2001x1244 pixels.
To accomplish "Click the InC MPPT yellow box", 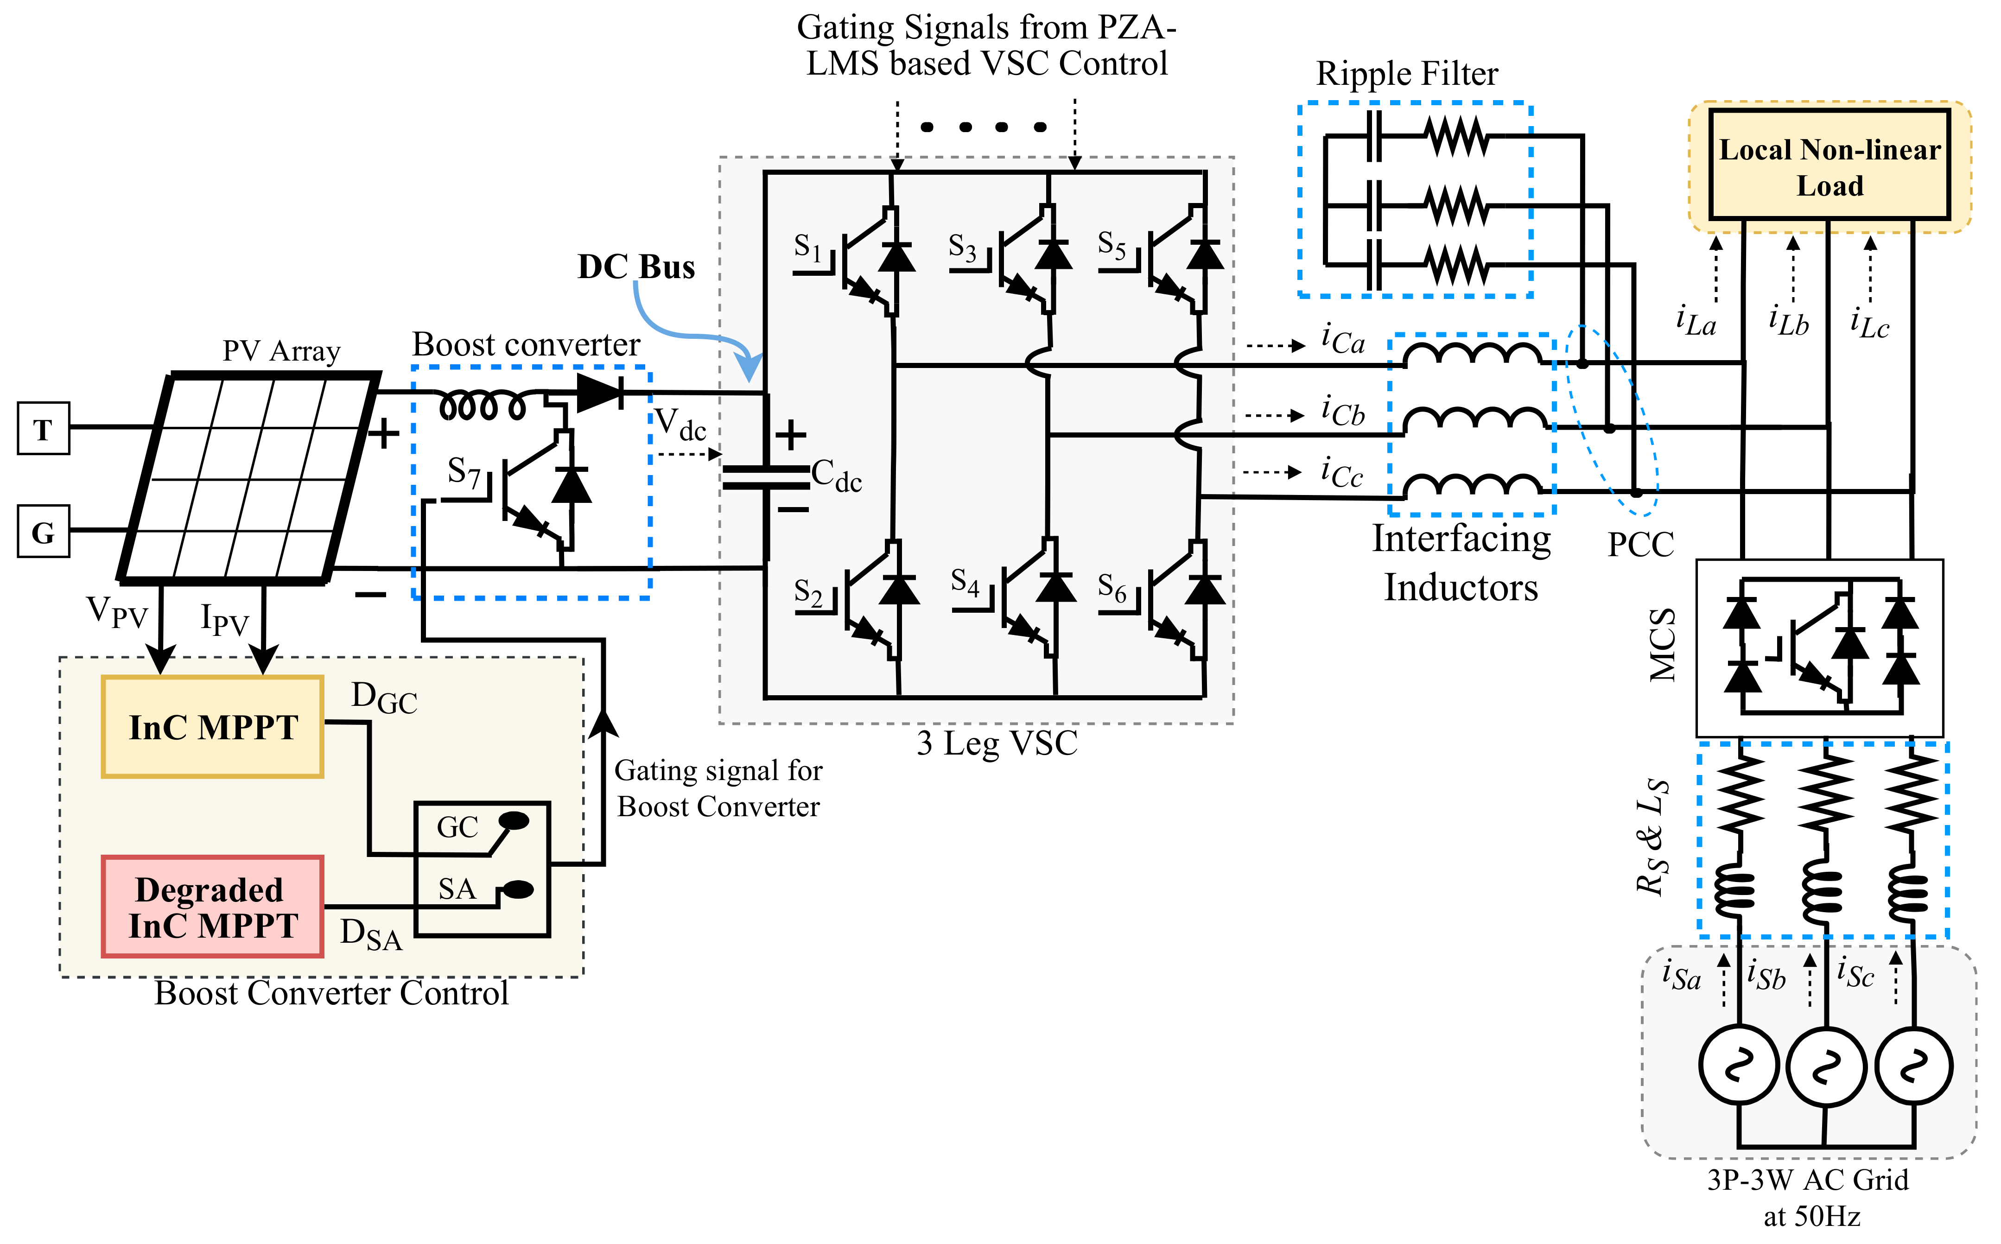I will [x=212, y=727].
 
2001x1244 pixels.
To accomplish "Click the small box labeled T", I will [x=43, y=429].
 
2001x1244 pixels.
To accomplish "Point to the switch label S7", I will [x=463, y=472].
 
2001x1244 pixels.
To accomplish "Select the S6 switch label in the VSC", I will [x=1112, y=587].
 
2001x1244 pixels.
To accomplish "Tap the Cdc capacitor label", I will [x=836, y=476].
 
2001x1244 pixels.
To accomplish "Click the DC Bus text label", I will [x=636, y=267].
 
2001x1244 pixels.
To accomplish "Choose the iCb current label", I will [x=1343, y=411].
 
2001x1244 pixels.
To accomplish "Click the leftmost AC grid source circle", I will [x=1739, y=1066].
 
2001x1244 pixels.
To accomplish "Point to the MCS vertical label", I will [x=1663, y=645].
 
